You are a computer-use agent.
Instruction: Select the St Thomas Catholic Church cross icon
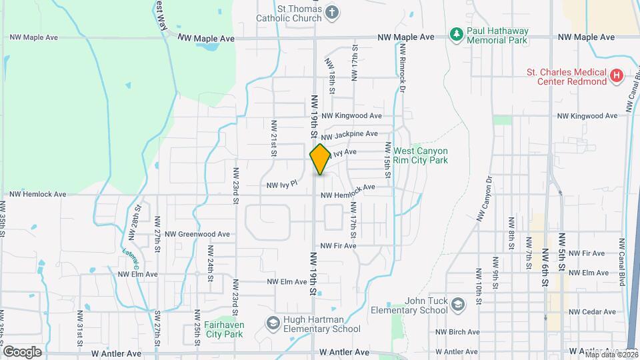[331, 12]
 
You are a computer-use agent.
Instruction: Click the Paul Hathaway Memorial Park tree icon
[456, 33]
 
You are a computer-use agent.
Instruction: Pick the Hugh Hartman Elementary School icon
[272, 323]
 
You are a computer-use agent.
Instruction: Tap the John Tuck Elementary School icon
[457, 305]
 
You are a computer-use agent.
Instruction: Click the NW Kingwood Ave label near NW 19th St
[351, 116]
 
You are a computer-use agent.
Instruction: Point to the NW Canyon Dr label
[485, 198]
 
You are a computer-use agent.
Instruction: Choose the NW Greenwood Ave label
[197, 234]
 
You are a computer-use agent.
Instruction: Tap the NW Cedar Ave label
[592, 311]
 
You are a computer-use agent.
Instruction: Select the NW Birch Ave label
[459, 331]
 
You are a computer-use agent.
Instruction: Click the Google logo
[22, 351]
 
